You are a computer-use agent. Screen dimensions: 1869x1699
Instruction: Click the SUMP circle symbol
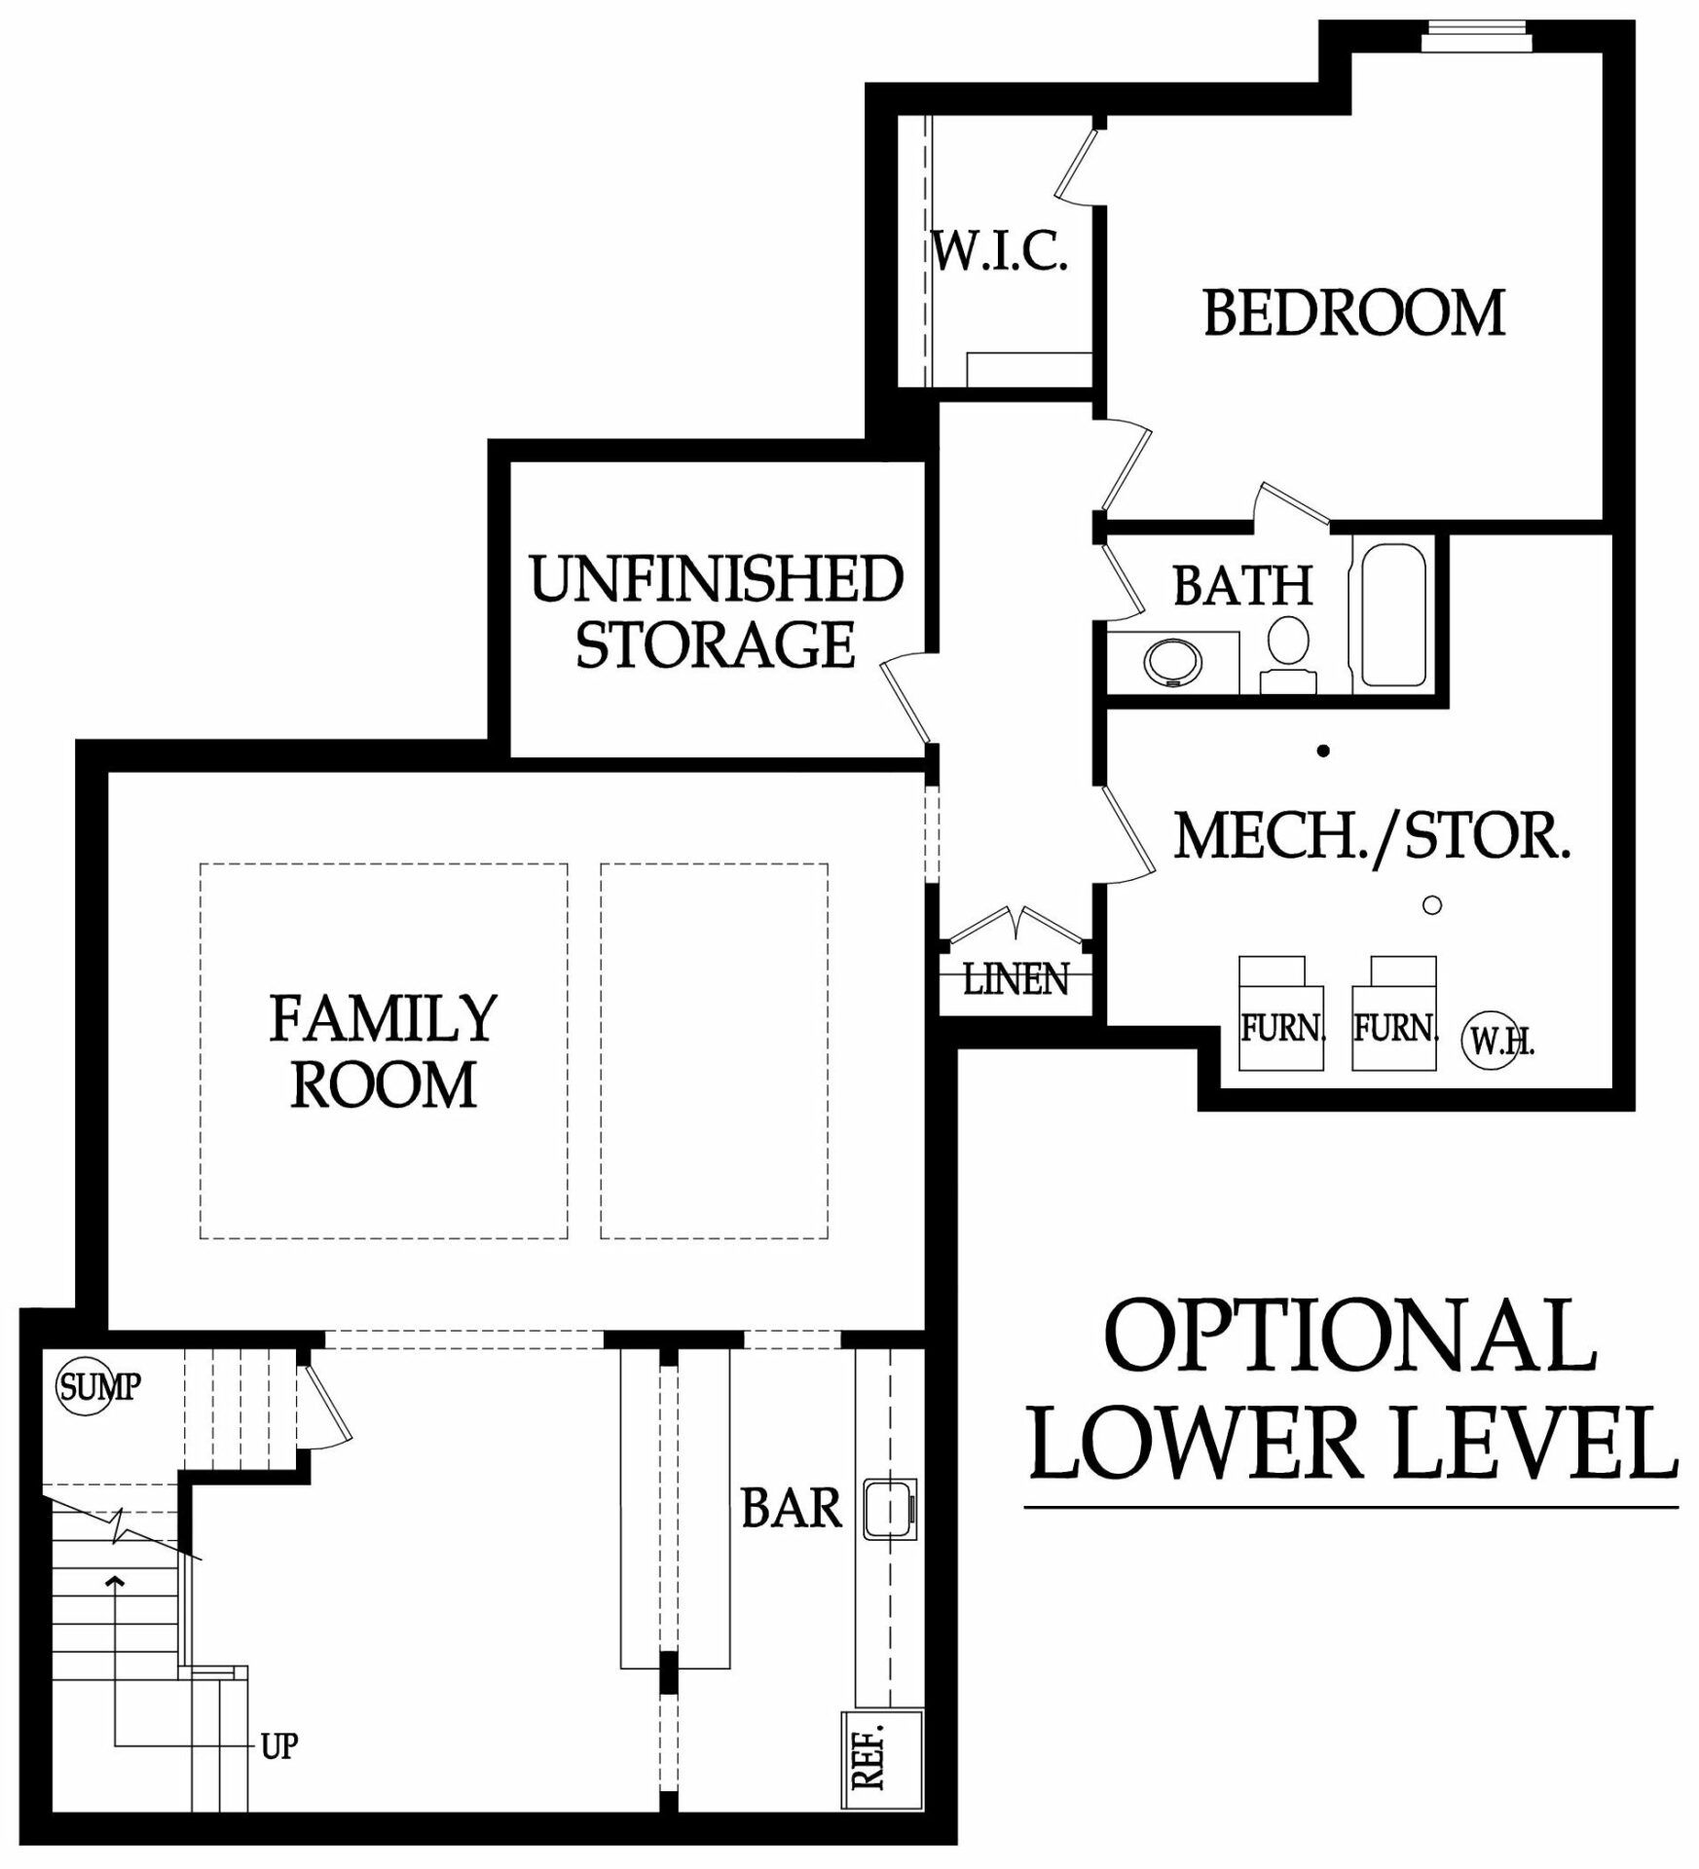tap(86, 1386)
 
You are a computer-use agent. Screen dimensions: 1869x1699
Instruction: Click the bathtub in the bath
tap(1392, 614)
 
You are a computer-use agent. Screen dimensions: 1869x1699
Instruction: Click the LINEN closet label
tap(1016, 979)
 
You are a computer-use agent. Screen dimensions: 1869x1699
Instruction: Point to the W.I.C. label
tap(1000, 251)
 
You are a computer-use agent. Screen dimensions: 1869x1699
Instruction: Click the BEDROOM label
tap(1353, 313)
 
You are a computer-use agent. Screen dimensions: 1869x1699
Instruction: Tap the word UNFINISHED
tap(716, 579)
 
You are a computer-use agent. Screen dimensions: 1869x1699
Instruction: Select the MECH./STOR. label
tap(1372, 836)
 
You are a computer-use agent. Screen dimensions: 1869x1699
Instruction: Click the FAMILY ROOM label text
tap(384, 1051)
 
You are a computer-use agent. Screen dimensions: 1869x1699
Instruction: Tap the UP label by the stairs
tap(278, 1746)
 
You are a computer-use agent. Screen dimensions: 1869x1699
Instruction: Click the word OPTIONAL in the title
tap(1349, 1336)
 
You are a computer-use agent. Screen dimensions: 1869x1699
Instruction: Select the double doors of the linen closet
tap(1016, 924)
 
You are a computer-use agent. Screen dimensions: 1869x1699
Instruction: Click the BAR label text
tap(791, 1509)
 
